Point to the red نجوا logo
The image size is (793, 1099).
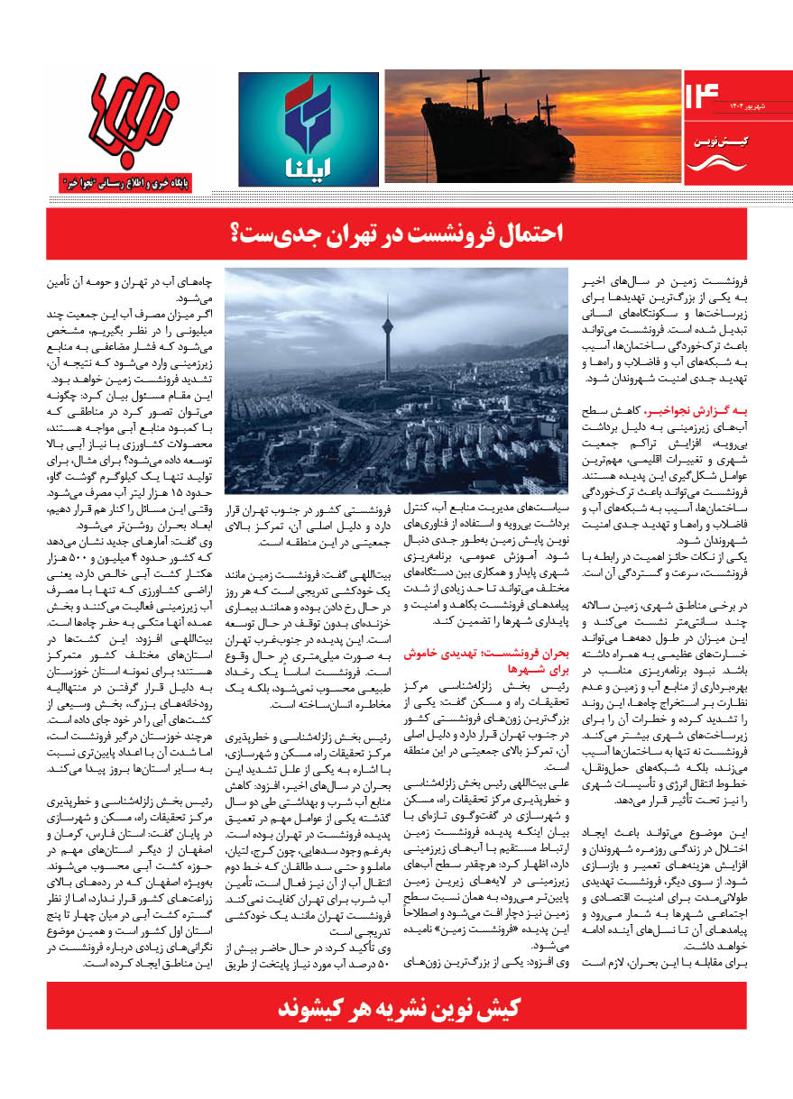coord(140,117)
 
